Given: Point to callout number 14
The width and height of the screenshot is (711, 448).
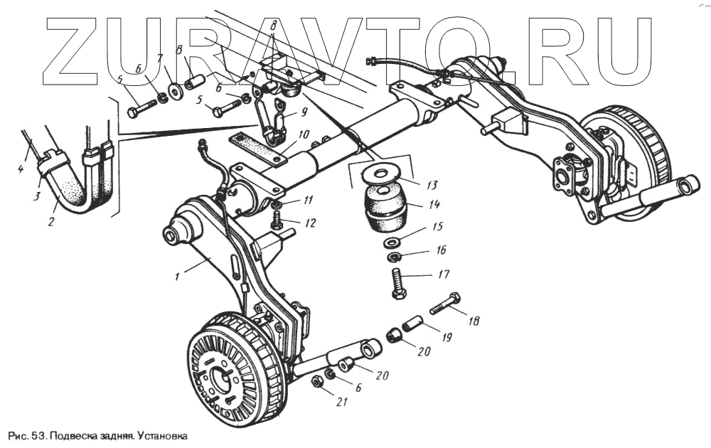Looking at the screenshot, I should [434, 204].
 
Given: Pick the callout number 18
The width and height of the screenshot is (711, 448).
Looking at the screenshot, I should [473, 321].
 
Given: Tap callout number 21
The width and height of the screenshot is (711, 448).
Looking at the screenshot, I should [342, 403].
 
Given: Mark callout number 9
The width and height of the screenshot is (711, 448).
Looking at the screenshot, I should [304, 112].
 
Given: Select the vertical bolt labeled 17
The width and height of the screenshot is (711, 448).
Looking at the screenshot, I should [397, 280].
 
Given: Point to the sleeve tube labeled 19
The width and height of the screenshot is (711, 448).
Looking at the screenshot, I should [414, 326].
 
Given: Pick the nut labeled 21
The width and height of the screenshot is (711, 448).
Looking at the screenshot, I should [319, 383].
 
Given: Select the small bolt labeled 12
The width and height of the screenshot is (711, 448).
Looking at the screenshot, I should [277, 222].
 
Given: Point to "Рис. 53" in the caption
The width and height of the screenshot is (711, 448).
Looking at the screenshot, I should [25, 434].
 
